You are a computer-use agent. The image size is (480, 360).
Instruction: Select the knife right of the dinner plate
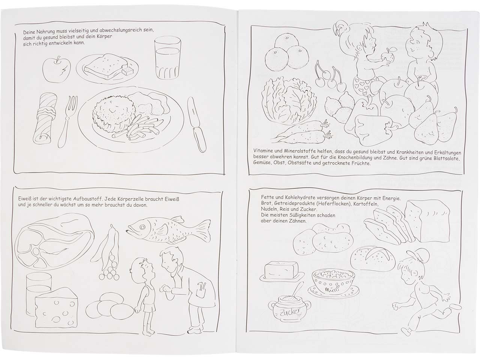196,124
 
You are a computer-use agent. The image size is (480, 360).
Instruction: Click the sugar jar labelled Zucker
289,310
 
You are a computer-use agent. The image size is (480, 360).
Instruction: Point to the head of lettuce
289,102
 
